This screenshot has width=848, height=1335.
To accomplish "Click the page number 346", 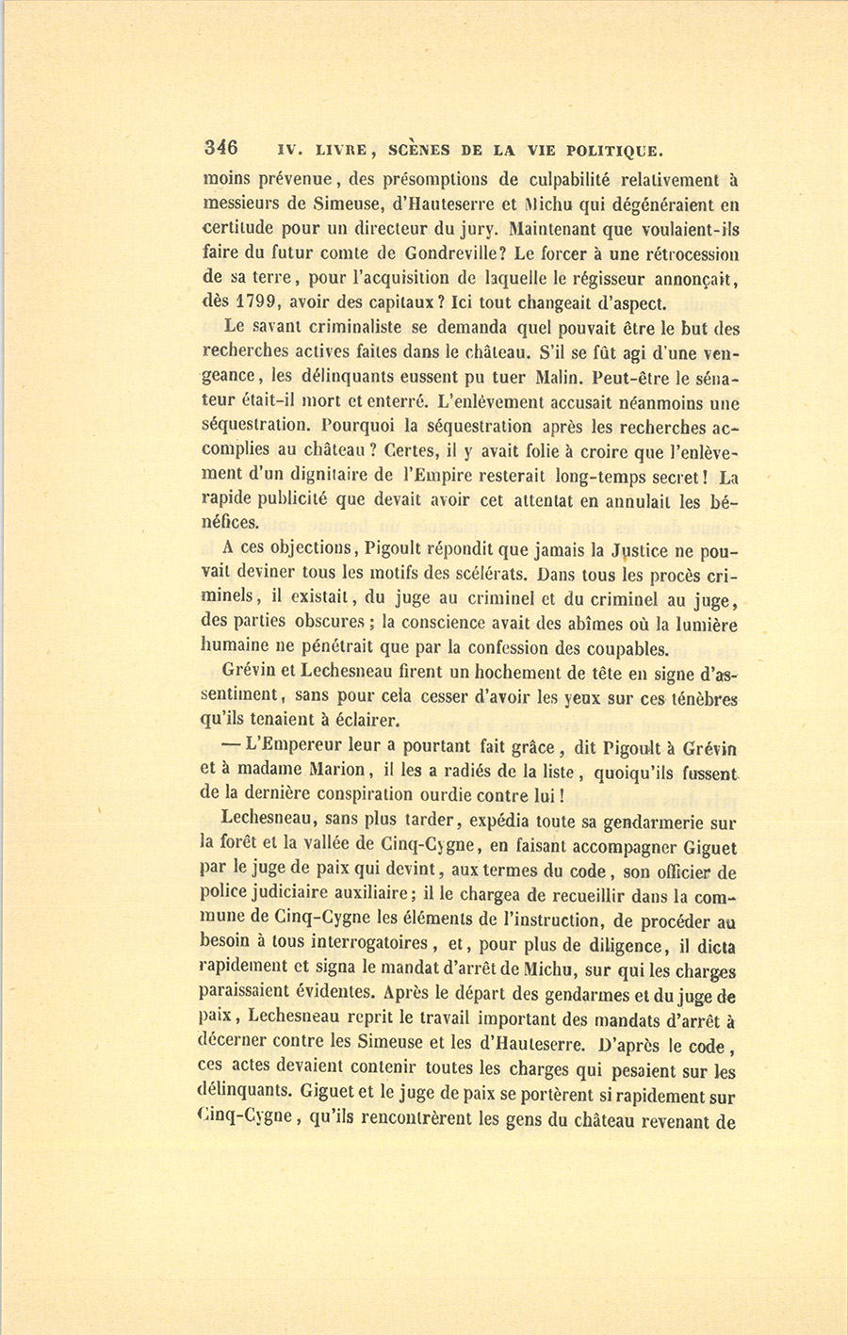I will pyautogui.click(x=221, y=147).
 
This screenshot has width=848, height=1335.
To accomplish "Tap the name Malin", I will pyautogui.click(x=563, y=377).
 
